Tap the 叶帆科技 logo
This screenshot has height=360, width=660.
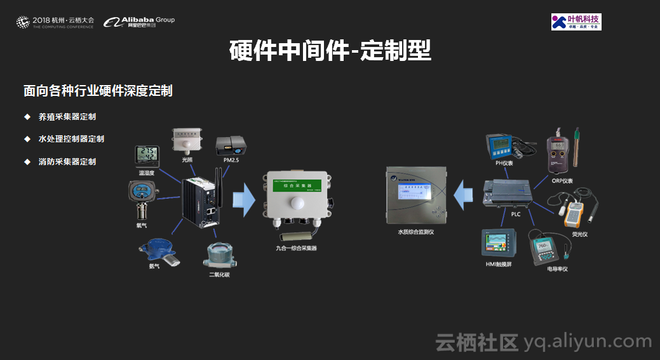tap(576, 22)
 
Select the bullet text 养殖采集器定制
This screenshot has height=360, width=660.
tap(67, 117)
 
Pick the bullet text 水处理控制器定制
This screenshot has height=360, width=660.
tap(71, 139)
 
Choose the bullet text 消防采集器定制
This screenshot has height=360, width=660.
tap(67, 161)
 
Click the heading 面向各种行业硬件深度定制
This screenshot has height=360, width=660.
tap(98, 91)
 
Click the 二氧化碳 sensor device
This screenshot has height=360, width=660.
tap(218, 255)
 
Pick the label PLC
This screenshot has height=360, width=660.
tap(516, 215)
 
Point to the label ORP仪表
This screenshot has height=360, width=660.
tap(562, 180)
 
